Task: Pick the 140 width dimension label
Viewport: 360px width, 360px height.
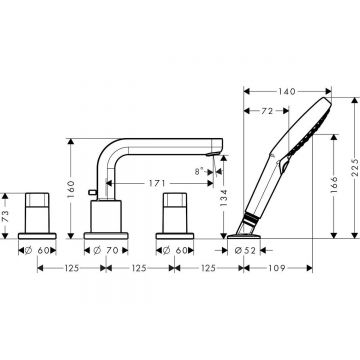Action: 287,89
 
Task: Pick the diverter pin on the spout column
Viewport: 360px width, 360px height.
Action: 90,192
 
